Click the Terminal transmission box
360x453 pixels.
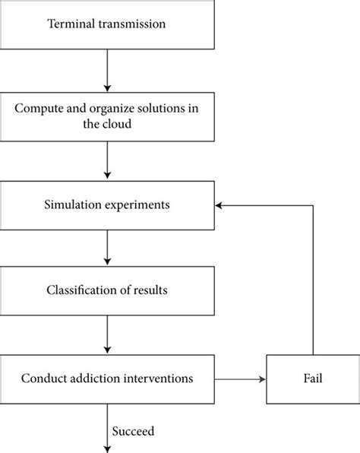(107, 25)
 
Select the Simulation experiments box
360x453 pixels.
(107, 205)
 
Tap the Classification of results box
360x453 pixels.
(107, 291)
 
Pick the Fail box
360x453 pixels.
(311, 377)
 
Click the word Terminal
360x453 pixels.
(71, 25)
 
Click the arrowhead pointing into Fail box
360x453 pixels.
(261, 377)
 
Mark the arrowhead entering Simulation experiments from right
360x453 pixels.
(219, 205)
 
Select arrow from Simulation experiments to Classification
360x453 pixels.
(107, 248)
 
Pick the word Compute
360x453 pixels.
(38, 107)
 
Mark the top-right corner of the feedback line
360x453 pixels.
(312, 205)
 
